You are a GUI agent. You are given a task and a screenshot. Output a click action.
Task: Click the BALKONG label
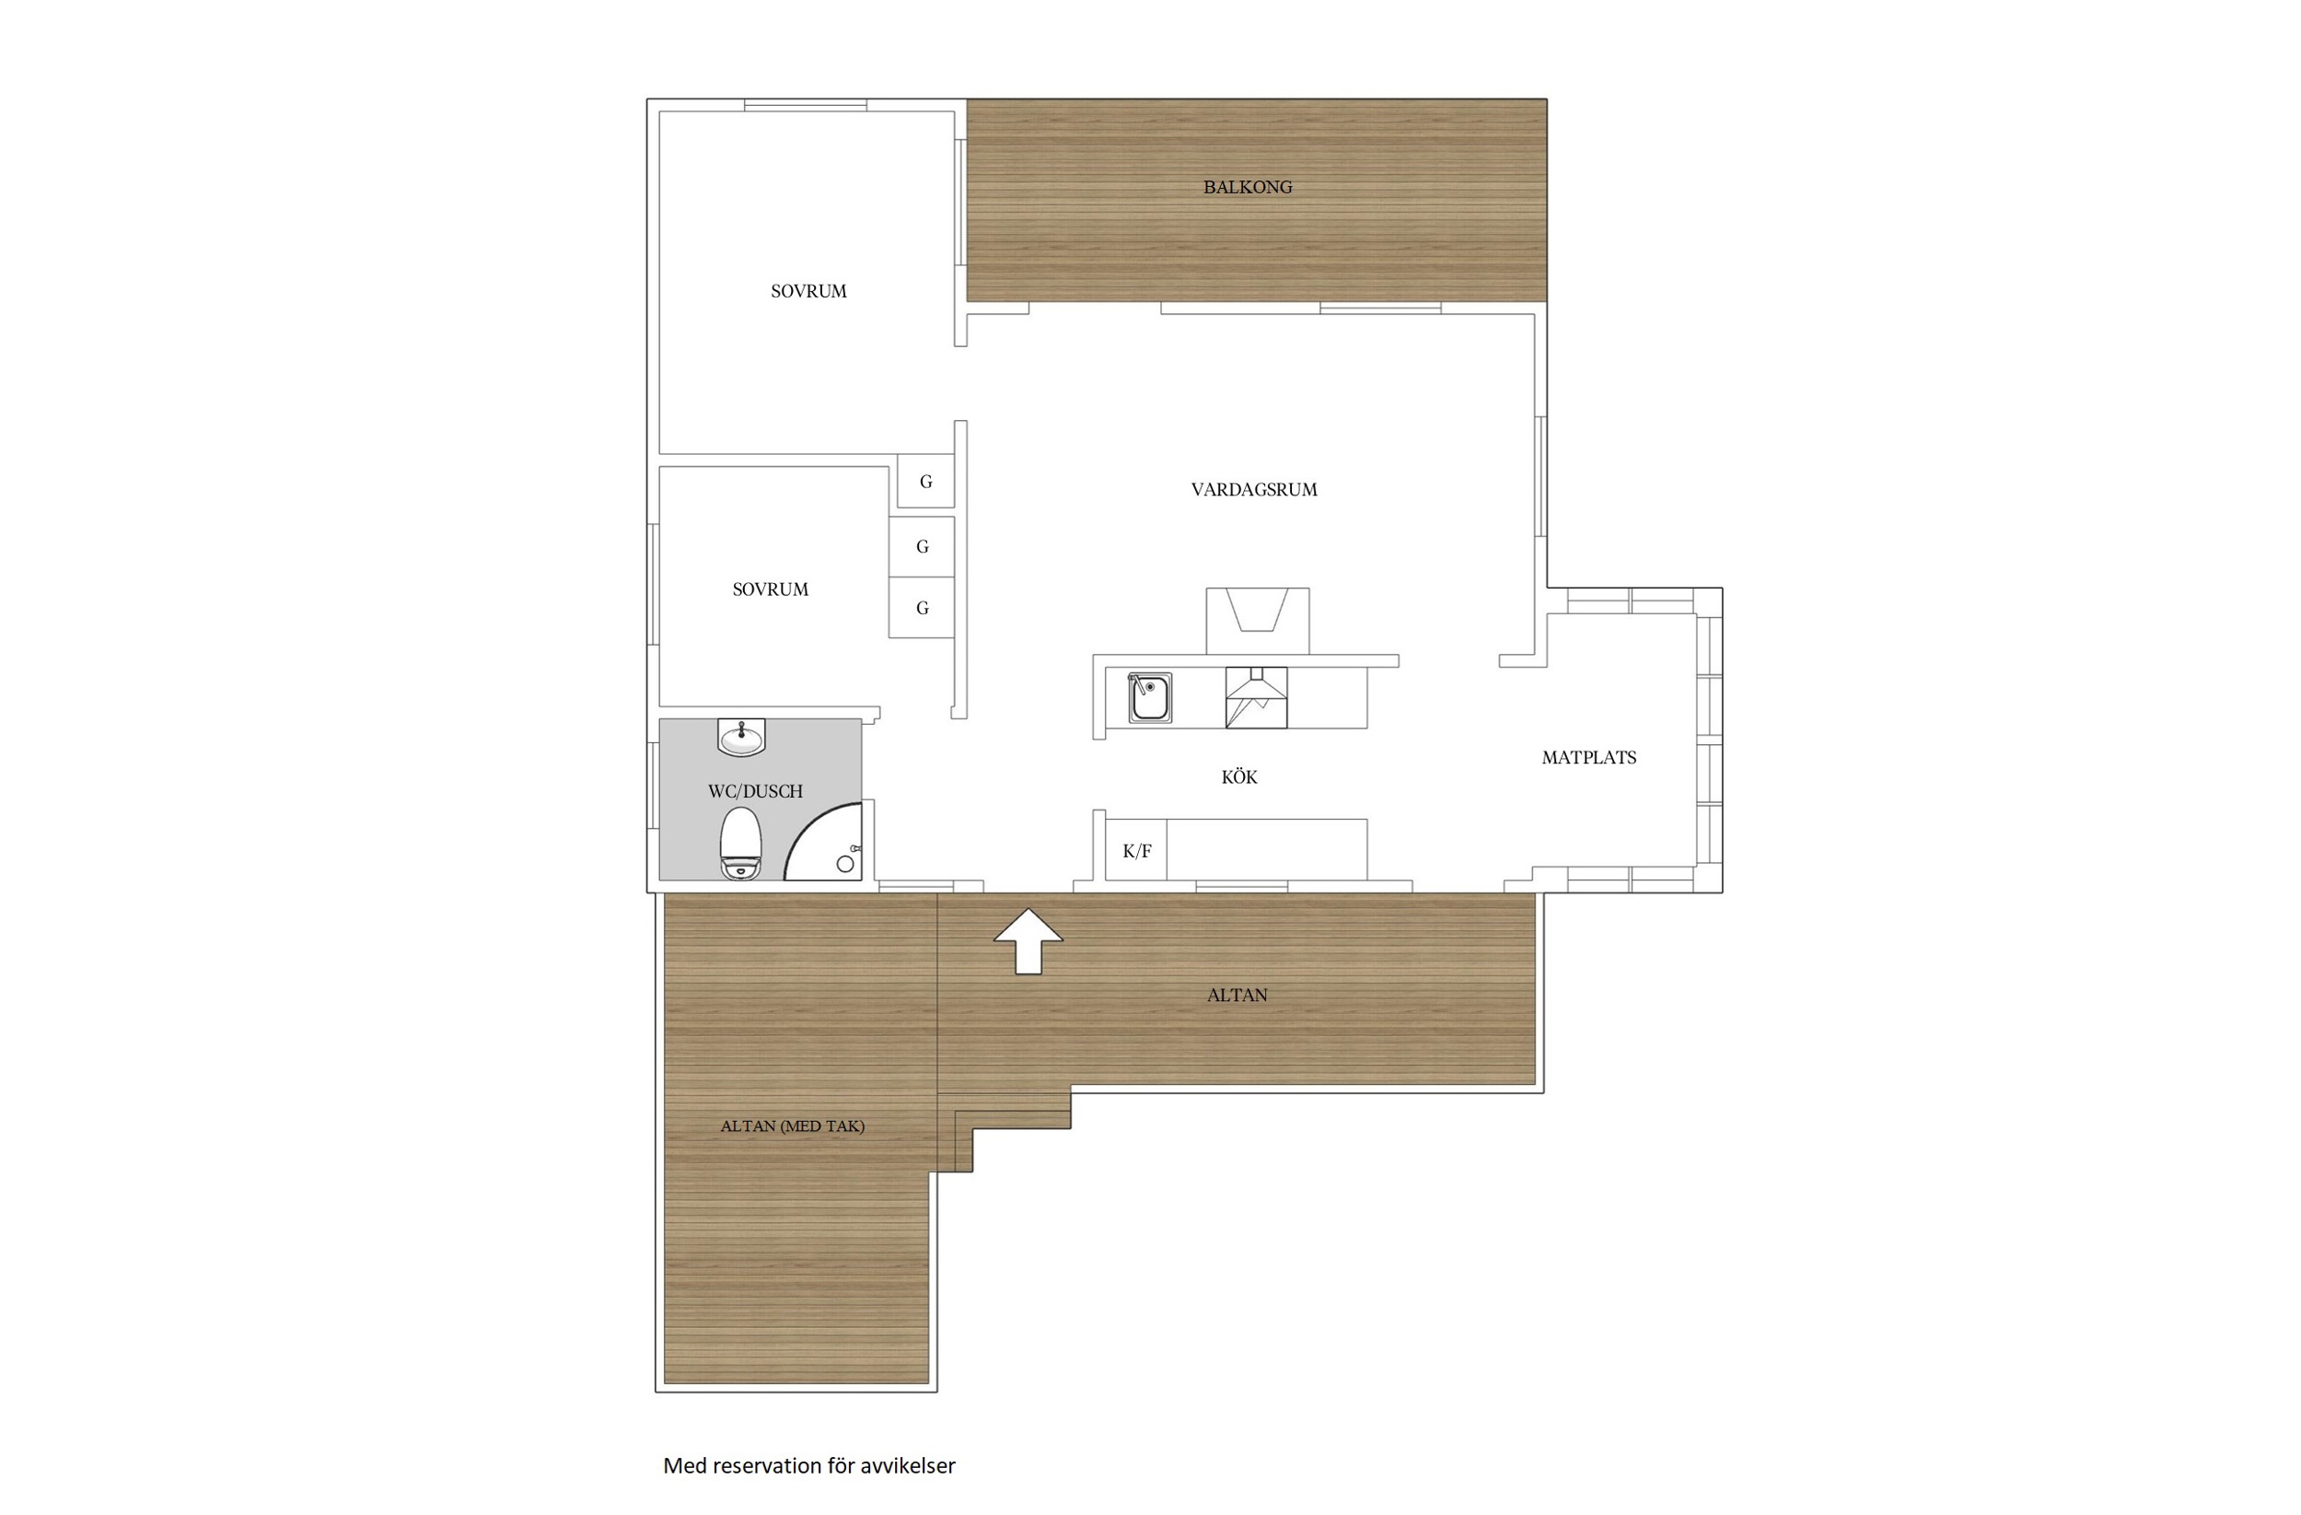[x=1247, y=188]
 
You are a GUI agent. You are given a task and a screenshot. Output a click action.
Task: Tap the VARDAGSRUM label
[x=1254, y=490]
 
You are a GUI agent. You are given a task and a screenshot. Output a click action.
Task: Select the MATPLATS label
[x=1588, y=758]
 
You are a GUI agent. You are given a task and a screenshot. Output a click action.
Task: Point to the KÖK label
[x=1239, y=777]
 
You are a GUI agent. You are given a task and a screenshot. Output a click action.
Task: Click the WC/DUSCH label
[x=755, y=792]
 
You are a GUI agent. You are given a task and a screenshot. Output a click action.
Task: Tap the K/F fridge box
[x=1136, y=850]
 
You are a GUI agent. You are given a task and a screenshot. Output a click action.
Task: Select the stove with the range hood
[x=1256, y=697]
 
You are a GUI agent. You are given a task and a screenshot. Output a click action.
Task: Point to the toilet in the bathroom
[x=741, y=843]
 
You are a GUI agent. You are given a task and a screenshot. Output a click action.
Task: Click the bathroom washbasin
[x=741, y=738]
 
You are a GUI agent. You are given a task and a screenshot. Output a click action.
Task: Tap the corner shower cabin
[x=823, y=841]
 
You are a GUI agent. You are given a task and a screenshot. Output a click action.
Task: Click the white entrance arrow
[x=1028, y=940]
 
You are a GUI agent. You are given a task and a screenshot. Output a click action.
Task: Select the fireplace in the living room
[x=1258, y=622]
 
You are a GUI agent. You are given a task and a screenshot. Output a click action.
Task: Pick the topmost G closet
[x=925, y=481]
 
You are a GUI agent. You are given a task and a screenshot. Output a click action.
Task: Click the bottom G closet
[x=923, y=608]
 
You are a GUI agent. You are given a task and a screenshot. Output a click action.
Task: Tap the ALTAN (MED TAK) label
[x=793, y=1126]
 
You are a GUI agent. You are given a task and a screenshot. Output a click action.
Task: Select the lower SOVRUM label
[x=771, y=589]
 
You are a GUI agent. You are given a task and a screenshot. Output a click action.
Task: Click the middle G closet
[x=923, y=547]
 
